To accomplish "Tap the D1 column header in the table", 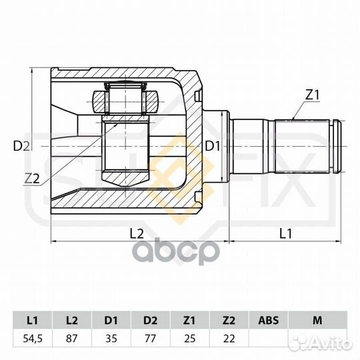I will tap(112, 319).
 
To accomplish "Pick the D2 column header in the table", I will tap(151, 319).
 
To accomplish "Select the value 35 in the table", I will tap(112, 338).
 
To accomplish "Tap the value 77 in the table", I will tap(151, 338).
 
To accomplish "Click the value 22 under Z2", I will tap(228, 338).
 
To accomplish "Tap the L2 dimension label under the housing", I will tap(136, 233).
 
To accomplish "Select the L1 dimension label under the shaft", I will tap(285, 233).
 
